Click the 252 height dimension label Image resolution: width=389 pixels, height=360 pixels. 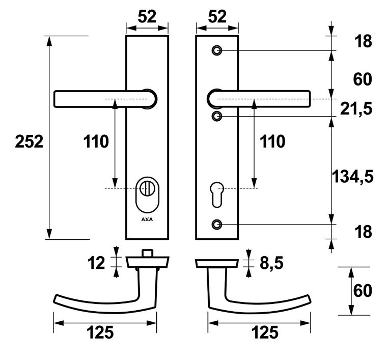(29, 142)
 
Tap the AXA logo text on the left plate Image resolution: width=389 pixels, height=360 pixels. (147, 219)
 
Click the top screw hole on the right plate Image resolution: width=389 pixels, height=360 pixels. (217, 50)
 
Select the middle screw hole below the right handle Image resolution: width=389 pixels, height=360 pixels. (217, 116)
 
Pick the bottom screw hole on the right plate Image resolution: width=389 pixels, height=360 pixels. (217, 224)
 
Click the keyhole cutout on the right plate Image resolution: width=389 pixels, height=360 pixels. (217, 195)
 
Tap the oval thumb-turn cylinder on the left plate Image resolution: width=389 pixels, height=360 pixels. (147, 195)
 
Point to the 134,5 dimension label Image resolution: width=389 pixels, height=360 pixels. (352, 177)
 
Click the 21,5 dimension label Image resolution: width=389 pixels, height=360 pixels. (356, 108)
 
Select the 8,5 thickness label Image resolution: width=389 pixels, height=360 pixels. (272, 263)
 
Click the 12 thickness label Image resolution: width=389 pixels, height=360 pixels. (96, 263)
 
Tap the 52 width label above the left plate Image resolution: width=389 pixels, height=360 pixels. (147, 17)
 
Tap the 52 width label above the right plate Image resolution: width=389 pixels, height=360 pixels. (217, 17)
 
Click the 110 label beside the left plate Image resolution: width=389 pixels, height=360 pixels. (96, 142)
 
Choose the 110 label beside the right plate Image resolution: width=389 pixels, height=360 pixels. (272, 142)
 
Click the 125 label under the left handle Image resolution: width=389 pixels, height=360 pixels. (100, 333)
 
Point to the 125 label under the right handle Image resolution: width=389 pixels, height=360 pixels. (265, 333)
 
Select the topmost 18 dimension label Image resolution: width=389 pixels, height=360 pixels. (364, 41)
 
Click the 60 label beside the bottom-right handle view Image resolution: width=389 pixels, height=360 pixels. (363, 291)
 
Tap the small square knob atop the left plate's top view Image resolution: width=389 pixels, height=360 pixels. (147, 253)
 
